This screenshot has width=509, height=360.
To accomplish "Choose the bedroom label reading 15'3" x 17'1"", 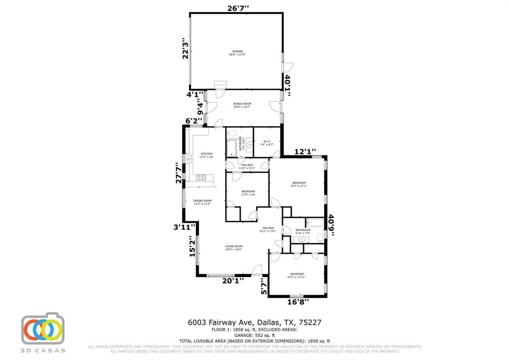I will pyautogui.click(x=299, y=184).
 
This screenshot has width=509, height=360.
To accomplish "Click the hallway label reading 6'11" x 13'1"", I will pyautogui.click(x=268, y=229).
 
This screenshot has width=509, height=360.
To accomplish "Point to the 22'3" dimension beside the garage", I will pyautogui.click(x=185, y=48).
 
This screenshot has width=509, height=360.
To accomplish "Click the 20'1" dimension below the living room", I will pyautogui.click(x=233, y=280).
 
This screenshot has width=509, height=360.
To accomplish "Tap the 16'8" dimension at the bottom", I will pyautogui.click(x=298, y=301).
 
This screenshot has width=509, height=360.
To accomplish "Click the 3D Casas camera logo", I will pyautogui.click(x=43, y=329).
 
